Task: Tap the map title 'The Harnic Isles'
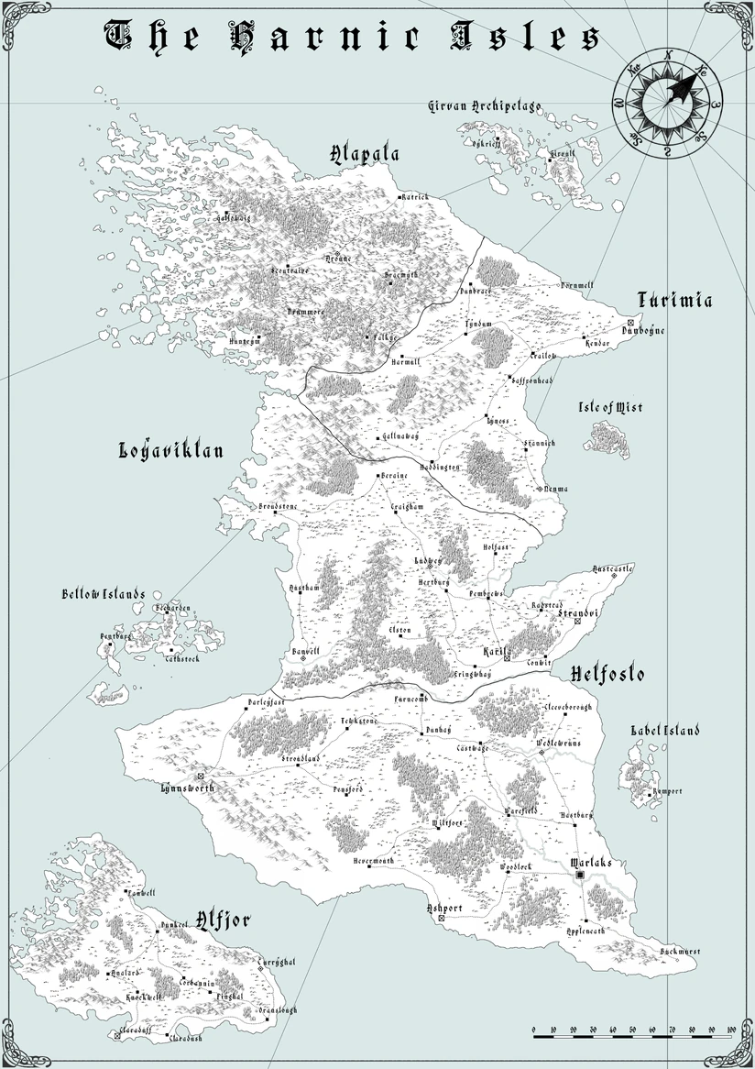click(354, 38)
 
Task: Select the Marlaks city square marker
click(580, 877)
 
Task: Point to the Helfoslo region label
click(607, 675)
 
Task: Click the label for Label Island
click(665, 731)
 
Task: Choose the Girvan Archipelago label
click(486, 106)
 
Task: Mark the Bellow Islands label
click(104, 594)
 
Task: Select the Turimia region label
click(674, 300)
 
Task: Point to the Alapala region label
click(364, 154)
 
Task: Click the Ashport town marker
click(442, 918)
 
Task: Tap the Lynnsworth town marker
click(200, 777)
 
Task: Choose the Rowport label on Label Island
click(667, 791)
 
